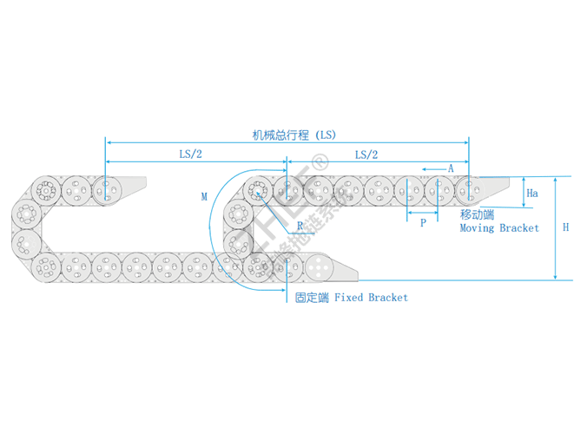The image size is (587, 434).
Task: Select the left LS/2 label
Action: pyautogui.click(x=191, y=154)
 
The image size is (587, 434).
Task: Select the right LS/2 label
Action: pyautogui.click(x=366, y=154)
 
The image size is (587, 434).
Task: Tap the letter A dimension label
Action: pyautogui.click(x=452, y=168)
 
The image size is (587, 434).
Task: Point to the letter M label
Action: pyautogui.click(x=204, y=197)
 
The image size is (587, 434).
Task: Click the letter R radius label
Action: pyautogui.click(x=300, y=225)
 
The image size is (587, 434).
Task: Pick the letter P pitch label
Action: pyautogui.click(x=422, y=223)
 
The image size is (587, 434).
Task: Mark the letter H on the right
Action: pyautogui.click(x=565, y=227)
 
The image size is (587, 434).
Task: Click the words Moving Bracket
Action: pyautogui.click(x=498, y=228)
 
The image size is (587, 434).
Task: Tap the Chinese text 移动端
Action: pyautogui.click(x=477, y=214)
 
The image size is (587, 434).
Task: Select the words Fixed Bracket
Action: pyautogui.click(x=371, y=298)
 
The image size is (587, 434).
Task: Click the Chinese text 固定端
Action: pyautogui.click(x=312, y=298)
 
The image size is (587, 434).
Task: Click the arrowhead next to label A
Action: pyautogui.click(x=425, y=168)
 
